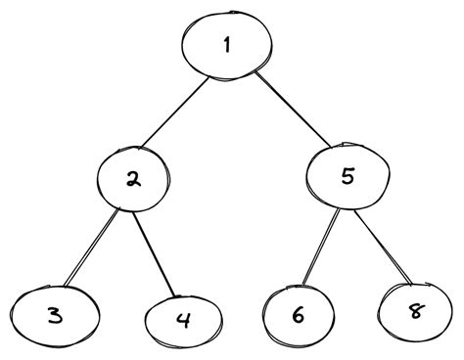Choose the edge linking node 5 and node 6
click(x=318, y=245)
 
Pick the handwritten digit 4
click(x=181, y=319)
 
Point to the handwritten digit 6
click(x=297, y=314)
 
